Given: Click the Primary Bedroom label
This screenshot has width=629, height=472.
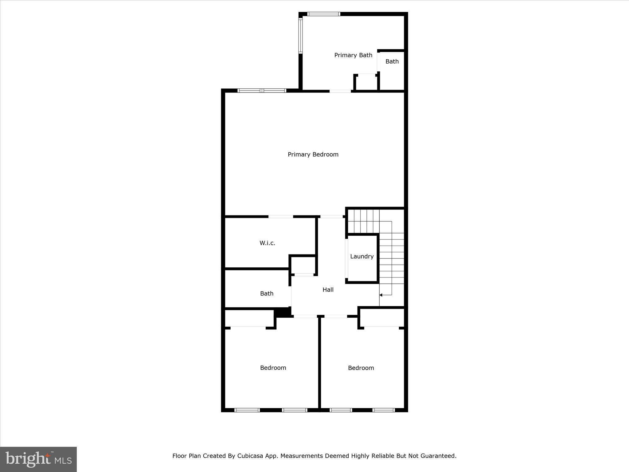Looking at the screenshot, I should [313, 154].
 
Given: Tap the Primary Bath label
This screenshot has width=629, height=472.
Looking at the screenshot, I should [353, 55].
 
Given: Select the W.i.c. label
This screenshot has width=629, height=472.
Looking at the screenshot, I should [267, 243].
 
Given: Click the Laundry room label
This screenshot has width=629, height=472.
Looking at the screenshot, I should [362, 256].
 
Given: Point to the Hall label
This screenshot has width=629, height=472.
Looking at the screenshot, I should [328, 289].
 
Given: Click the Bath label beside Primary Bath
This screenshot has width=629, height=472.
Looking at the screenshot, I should [392, 61].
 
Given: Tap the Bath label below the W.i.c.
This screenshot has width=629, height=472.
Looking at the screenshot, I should [267, 293].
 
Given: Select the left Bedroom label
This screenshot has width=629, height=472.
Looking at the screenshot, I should [273, 368].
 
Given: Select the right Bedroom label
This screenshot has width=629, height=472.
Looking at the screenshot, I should [361, 368].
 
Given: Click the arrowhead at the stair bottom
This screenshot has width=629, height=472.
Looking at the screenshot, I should [381, 295].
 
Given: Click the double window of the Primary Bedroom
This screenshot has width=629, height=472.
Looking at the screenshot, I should [262, 91].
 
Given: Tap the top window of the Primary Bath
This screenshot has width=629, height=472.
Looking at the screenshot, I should [324, 14].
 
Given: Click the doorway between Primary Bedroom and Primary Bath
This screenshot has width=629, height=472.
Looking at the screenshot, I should [340, 91].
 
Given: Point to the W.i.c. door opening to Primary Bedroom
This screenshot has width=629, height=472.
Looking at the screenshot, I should [281, 217].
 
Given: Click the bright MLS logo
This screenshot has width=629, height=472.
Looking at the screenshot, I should [38, 459].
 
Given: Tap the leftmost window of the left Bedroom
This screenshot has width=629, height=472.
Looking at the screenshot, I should [247, 410].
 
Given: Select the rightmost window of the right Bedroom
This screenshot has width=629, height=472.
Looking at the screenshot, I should [384, 410].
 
